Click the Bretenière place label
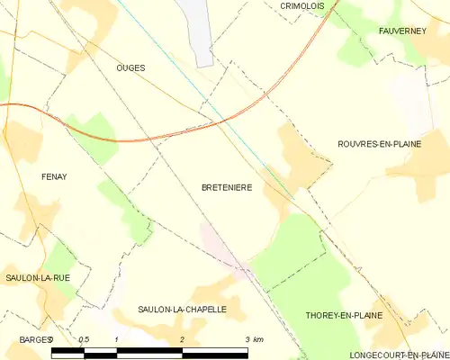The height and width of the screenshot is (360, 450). (226, 187)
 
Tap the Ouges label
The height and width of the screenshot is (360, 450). (130, 67)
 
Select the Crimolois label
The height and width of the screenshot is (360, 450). (301, 5)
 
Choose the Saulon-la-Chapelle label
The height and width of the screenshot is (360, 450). (182, 309)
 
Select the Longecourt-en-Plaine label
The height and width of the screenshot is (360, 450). (398, 355)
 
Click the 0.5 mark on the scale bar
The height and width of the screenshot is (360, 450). (84, 338)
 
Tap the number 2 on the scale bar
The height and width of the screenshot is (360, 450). (183, 338)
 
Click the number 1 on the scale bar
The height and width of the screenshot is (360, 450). (117, 338)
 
